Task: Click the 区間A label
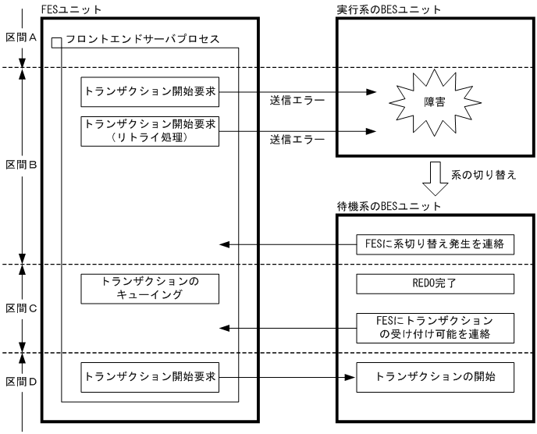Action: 17,37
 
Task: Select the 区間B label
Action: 17,165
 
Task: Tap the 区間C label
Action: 17,308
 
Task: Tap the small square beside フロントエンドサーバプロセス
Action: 55,41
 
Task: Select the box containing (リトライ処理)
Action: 149,129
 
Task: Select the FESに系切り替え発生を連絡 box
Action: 435,244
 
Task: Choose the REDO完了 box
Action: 435,284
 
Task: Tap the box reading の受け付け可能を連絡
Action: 435,328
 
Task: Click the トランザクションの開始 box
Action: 435,379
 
